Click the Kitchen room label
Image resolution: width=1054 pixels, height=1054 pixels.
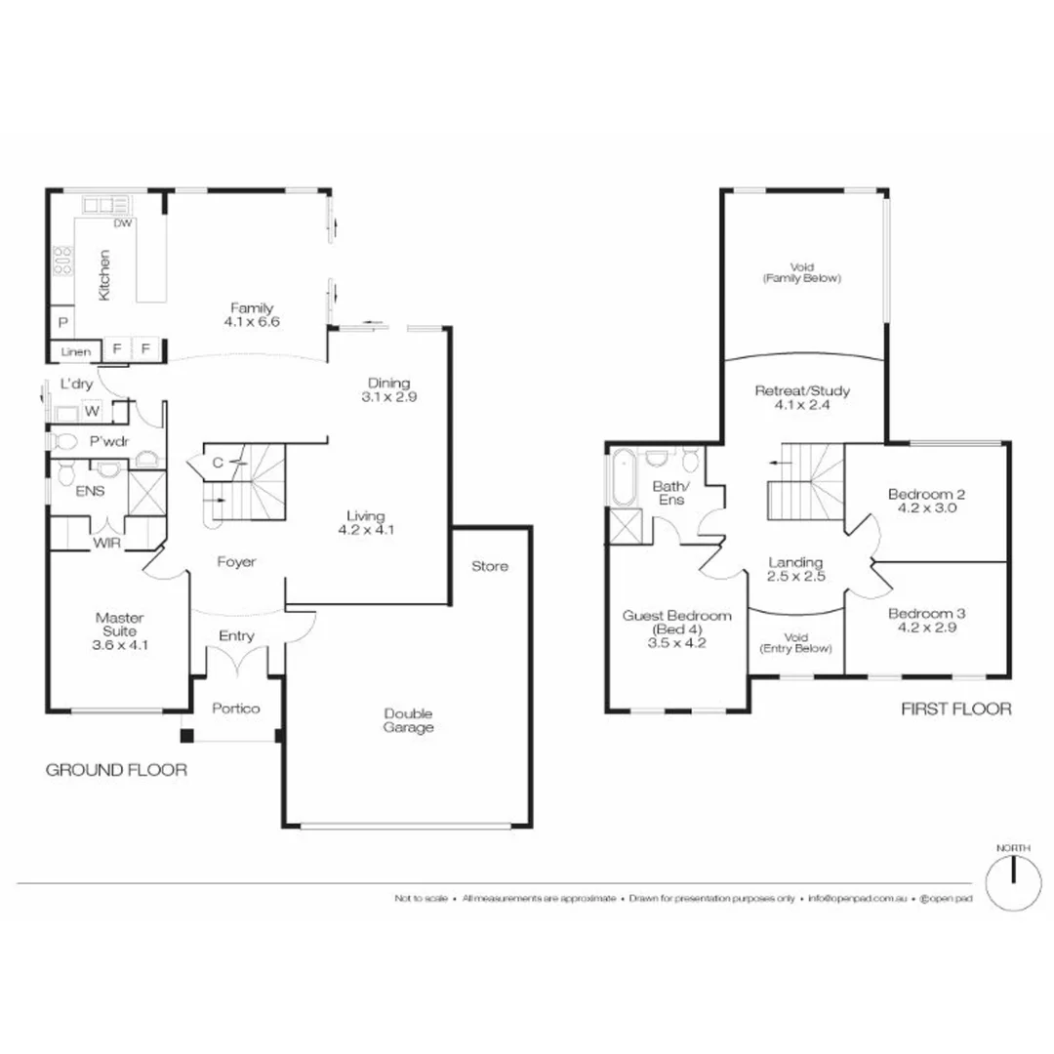[104, 274]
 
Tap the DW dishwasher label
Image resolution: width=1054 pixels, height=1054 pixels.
[123, 223]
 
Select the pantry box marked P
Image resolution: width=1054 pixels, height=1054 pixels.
[61, 322]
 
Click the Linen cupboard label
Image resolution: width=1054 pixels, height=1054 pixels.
[76, 351]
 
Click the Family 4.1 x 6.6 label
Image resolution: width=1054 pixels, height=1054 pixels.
[251, 315]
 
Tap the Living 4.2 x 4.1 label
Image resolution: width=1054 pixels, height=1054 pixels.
[362, 523]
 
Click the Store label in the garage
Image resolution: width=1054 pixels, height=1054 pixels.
[489, 566]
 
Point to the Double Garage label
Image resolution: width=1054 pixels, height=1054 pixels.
[408, 720]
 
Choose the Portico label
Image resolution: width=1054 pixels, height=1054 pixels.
[236, 709]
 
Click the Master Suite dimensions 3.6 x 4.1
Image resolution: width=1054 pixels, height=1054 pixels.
[120, 644]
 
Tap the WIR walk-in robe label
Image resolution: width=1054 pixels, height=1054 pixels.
[107, 543]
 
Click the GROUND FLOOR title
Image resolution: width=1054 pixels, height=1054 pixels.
[116, 771]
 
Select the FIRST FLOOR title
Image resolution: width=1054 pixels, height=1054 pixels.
[955, 709]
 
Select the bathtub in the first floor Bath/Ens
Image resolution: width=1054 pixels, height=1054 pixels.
[622, 478]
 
